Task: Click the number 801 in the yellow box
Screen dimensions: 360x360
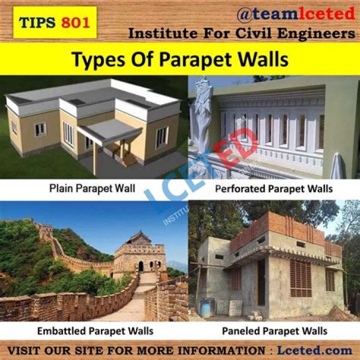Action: pyautogui.click(x=76, y=22)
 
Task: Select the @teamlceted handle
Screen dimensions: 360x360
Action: pyautogui.click(x=295, y=14)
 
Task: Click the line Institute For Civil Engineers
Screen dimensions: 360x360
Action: pyautogui.click(x=242, y=34)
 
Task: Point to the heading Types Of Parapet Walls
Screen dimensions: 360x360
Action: pyautogui.click(x=179, y=59)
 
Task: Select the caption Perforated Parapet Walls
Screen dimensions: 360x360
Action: pyautogui.click(x=274, y=189)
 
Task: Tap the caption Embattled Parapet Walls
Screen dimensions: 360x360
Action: pyautogui.click(x=95, y=330)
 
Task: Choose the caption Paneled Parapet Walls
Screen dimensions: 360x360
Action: pyautogui.click(x=274, y=330)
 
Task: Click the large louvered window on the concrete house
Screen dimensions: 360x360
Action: pyautogui.click(x=300, y=278)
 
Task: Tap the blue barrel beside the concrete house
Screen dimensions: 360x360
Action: pyautogui.click(x=205, y=306)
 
